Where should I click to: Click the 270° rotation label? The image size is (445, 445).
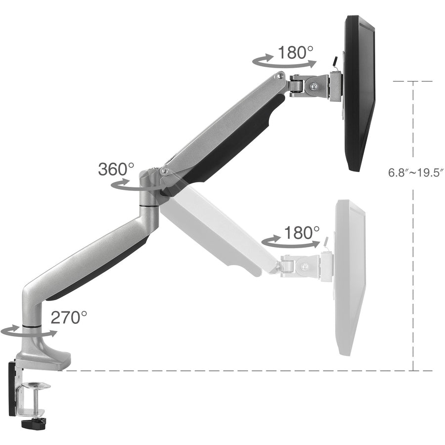pos(69,317)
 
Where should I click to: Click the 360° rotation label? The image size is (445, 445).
pos(116,169)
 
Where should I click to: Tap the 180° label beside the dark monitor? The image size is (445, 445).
pos(295,52)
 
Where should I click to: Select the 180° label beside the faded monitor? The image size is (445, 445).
pos(302,232)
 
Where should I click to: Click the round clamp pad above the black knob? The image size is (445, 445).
pos(39,385)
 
